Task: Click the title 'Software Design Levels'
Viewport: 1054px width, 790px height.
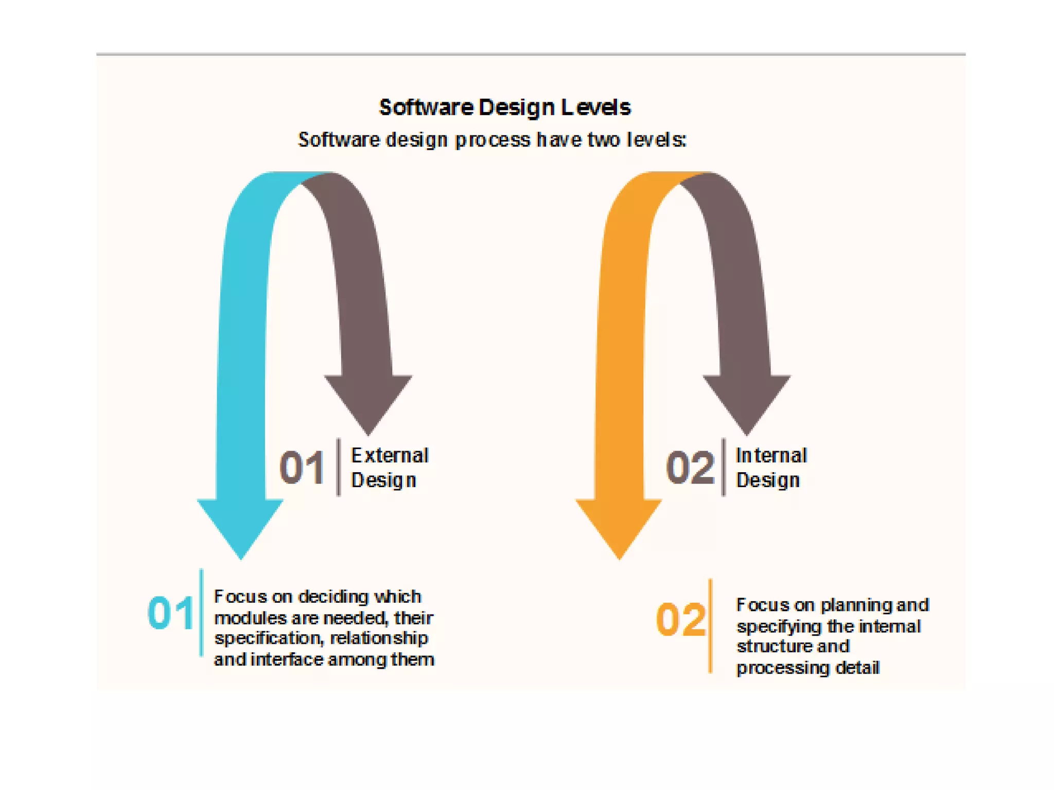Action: [504, 107]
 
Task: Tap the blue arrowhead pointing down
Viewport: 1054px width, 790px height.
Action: [240, 525]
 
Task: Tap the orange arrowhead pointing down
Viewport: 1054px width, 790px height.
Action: [619, 525]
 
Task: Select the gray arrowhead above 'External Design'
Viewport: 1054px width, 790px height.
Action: [368, 401]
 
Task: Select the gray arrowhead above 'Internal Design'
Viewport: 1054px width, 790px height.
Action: [746, 401]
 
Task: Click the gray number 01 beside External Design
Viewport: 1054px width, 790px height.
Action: [302, 468]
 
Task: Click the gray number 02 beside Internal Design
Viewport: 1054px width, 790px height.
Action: [690, 468]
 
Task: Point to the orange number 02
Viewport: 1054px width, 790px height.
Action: [680, 619]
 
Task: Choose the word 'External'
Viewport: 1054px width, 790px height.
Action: [390, 456]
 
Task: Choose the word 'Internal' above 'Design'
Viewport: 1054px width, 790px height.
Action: [771, 456]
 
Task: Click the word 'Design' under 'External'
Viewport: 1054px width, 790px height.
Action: [383, 480]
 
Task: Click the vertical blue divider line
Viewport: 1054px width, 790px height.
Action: [201, 613]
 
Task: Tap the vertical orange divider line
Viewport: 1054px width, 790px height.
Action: [710, 625]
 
